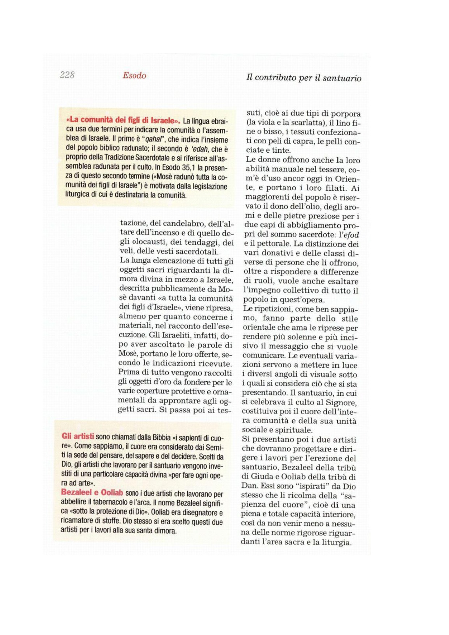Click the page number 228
[67, 75]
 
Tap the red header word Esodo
[134, 76]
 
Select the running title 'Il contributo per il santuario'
[304, 78]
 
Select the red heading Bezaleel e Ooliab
[92, 492]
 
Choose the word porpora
[346, 113]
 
